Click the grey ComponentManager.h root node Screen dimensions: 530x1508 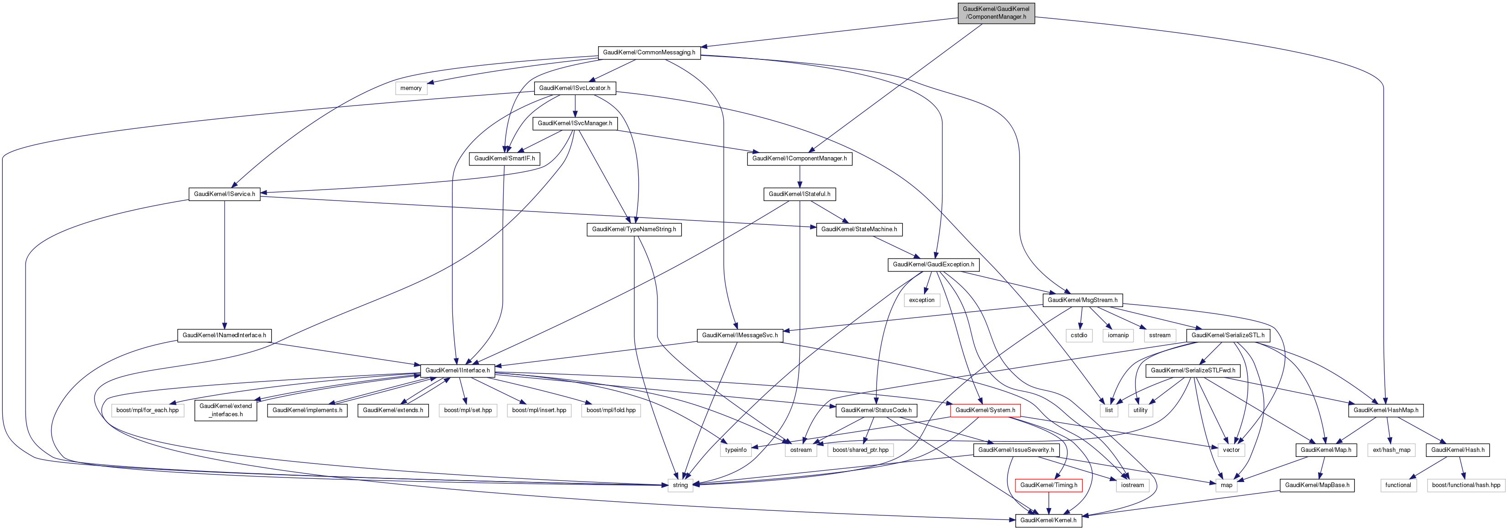pyautogui.click(x=996, y=13)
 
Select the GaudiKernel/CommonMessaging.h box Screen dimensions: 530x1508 pyautogui.click(x=649, y=53)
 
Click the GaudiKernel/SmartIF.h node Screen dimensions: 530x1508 pyautogui.click(x=504, y=159)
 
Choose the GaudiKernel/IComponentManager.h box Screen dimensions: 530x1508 pyautogui.click(x=799, y=159)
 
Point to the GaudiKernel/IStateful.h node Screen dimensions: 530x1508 pyautogui.click(x=799, y=194)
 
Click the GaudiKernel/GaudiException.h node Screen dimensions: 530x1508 pyautogui.click(x=933, y=265)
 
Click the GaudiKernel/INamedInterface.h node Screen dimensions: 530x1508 pyautogui.click(x=224, y=335)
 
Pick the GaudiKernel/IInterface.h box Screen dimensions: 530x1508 pyautogui.click(x=457, y=371)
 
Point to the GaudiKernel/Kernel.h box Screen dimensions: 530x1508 pyautogui.click(x=1048, y=520)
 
